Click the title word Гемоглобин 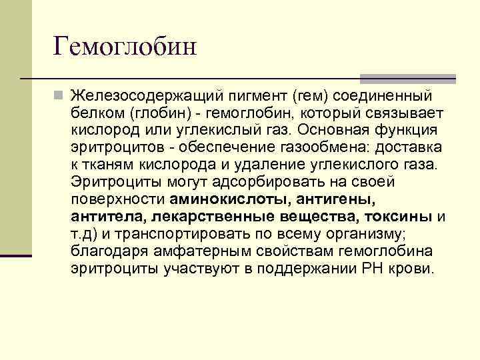tap(125, 47)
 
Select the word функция tap(415, 130)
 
